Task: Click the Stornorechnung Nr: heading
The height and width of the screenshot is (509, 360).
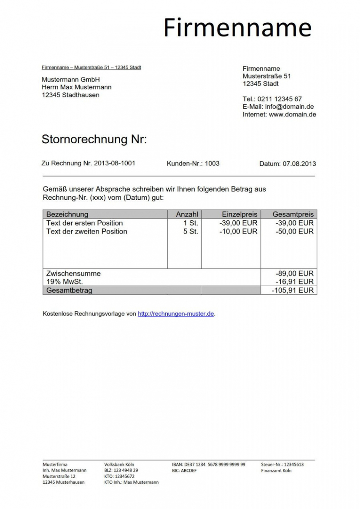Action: [x=94, y=139]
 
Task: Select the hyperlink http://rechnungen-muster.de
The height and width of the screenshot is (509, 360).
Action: [x=176, y=313]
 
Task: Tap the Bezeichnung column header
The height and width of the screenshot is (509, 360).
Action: [x=67, y=214]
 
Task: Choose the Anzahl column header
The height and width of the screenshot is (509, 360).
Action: [x=187, y=214]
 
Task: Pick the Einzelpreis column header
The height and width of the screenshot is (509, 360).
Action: [x=239, y=214]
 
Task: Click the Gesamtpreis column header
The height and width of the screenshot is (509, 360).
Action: [x=293, y=214]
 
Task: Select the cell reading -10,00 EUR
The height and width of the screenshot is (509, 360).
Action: [x=238, y=231]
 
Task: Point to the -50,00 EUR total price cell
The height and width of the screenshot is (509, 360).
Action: [x=294, y=231]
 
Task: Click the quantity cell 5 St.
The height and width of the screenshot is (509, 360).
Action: [x=191, y=231]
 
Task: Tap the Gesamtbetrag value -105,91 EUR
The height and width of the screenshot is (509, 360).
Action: [x=293, y=290]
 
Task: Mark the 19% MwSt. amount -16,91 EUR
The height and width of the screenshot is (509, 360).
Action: [x=294, y=281]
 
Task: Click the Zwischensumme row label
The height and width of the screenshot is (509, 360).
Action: [x=73, y=273]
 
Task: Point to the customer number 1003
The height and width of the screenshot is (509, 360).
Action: [x=212, y=163]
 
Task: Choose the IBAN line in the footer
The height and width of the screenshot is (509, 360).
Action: [x=208, y=464]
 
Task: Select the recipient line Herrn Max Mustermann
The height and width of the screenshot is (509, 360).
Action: [x=76, y=87]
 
